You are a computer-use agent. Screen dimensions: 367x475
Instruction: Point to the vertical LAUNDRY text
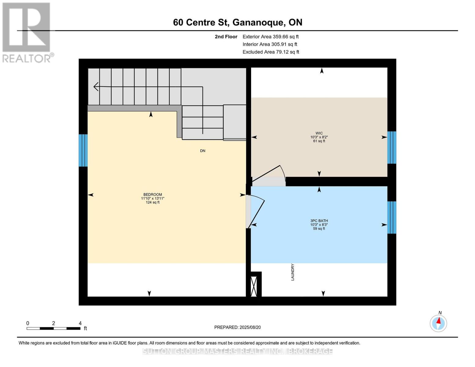tap(292, 272)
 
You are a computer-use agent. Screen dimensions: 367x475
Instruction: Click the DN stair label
tap(202, 151)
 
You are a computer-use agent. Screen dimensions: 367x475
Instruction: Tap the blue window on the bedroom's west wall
tap(83, 150)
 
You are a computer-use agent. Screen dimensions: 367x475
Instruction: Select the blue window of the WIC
tap(392, 147)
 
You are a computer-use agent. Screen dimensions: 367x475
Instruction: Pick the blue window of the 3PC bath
tap(392, 217)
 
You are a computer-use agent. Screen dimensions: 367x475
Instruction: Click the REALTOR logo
tap(27, 32)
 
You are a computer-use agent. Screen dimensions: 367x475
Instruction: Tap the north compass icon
tap(438, 323)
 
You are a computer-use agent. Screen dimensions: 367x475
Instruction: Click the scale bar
tap(54, 328)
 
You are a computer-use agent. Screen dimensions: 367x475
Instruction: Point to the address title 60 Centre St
tap(237, 22)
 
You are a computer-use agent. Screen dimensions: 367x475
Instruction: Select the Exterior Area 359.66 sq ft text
tap(270, 37)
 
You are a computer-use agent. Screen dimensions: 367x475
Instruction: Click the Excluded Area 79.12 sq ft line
tap(271, 52)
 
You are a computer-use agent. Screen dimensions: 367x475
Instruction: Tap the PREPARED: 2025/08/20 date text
tap(237, 327)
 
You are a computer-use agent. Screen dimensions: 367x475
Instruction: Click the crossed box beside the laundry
tap(254, 287)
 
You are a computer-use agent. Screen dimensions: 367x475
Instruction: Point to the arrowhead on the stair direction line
tap(96, 87)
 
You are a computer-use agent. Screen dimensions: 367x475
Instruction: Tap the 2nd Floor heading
tap(226, 37)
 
